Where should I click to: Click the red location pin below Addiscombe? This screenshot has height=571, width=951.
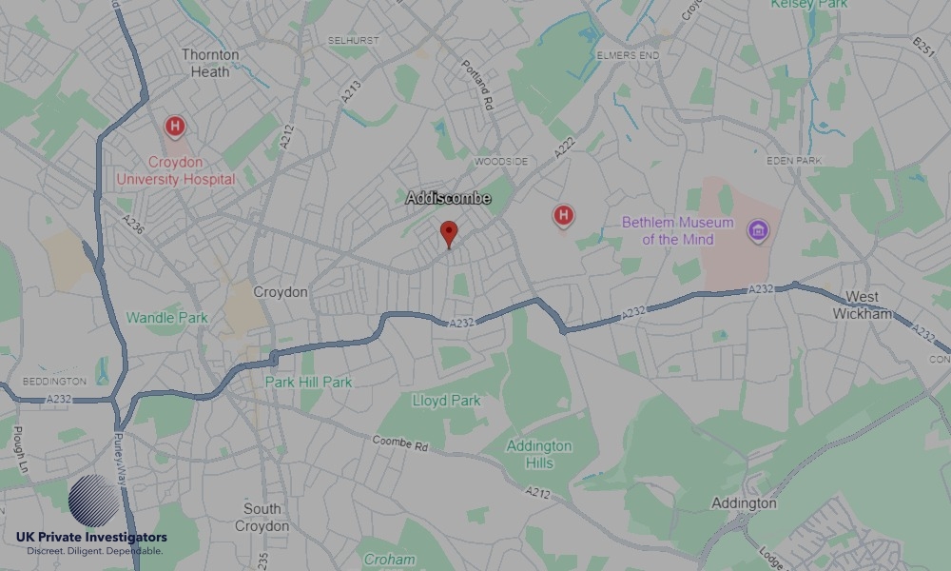449,233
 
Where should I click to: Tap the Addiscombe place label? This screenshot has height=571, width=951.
448,198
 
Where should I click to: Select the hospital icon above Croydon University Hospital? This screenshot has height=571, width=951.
175,126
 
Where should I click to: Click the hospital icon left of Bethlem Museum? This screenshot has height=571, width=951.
563,216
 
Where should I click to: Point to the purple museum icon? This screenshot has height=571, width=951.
757,230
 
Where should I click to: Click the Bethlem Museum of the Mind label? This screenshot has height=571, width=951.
677,231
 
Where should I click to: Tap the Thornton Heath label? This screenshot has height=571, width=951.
210,63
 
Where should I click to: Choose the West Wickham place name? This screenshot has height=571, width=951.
863,305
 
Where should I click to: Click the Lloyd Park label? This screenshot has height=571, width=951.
446,401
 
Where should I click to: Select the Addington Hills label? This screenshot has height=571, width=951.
539,454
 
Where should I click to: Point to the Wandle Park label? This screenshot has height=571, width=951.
166,317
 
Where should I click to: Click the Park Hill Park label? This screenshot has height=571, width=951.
308,382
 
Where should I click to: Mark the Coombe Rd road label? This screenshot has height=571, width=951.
400,443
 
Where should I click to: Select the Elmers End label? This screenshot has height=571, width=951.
628,55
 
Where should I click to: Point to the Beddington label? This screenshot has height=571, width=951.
53,381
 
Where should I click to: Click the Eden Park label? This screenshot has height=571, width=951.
793,161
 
